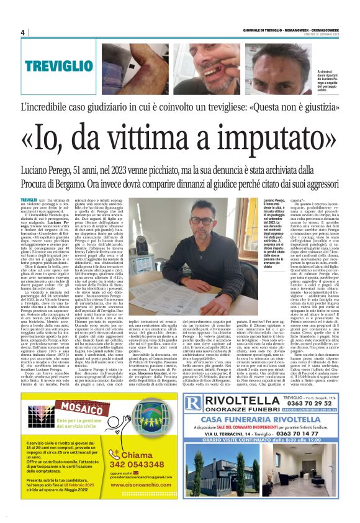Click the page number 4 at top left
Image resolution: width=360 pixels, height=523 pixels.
[23, 32]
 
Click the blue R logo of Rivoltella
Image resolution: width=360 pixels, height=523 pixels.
[194, 402]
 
